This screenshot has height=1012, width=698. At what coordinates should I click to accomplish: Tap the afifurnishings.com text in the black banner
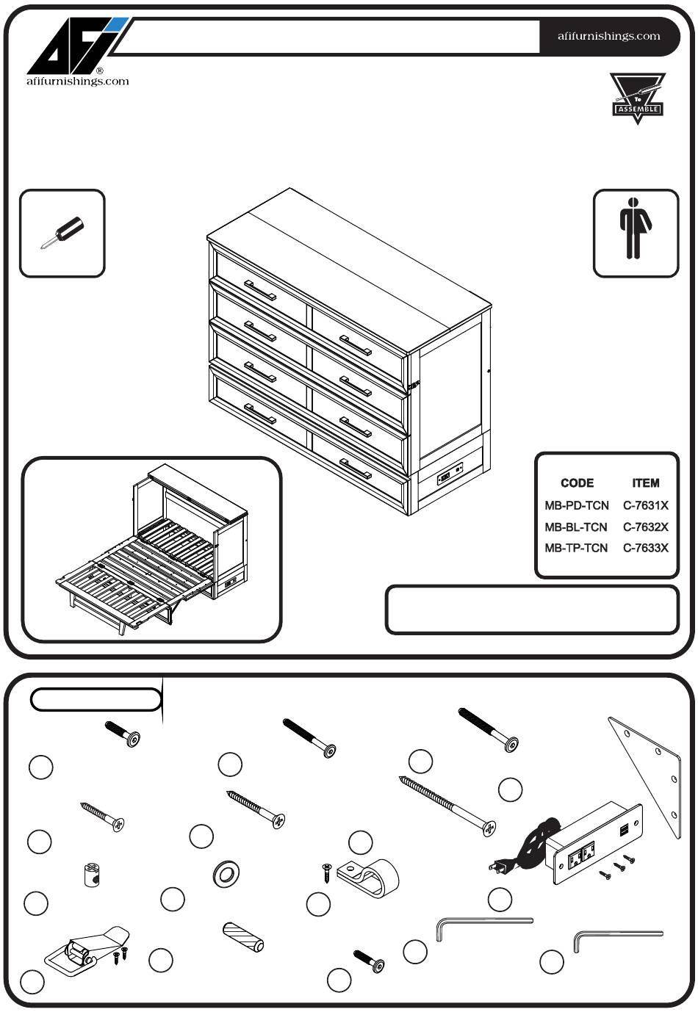[609, 36]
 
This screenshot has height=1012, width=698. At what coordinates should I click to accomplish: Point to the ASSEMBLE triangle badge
[637, 98]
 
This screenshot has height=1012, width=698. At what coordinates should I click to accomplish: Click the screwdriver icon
[62, 233]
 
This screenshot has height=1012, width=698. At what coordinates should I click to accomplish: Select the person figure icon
[636, 233]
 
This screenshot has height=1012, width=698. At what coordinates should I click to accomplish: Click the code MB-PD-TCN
[576, 505]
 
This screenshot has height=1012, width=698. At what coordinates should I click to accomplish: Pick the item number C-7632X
[645, 527]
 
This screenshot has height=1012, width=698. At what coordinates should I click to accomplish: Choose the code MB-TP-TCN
[576, 548]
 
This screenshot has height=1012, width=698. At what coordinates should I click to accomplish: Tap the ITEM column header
[645, 483]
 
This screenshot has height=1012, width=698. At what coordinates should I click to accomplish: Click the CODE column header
[577, 483]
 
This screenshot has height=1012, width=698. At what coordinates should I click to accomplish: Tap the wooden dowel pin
[243, 936]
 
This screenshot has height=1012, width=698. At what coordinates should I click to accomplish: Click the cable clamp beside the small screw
[370, 875]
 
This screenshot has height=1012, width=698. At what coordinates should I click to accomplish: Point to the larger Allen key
[482, 925]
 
